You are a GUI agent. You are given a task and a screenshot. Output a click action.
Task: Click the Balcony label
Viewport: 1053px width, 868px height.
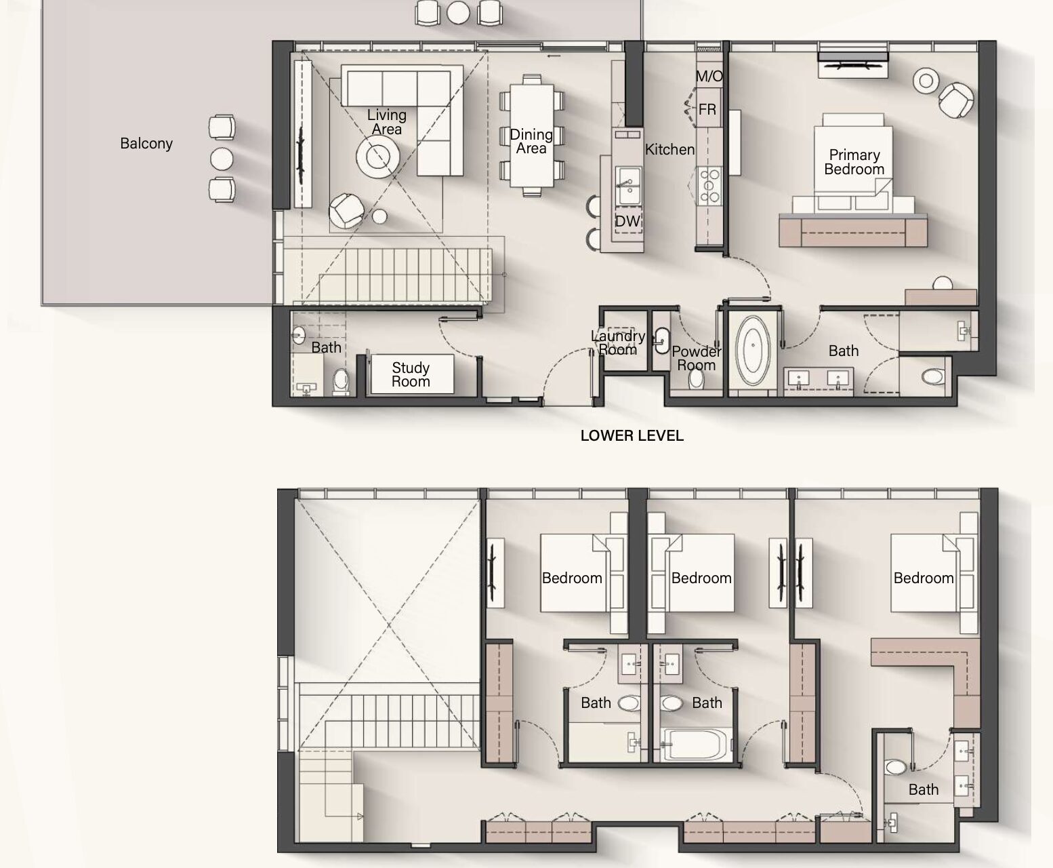(146, 144)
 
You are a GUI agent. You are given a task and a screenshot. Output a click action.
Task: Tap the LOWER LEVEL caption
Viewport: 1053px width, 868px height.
(632, 435)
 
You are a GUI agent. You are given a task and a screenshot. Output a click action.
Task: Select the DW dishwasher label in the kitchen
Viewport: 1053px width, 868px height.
(628, 220)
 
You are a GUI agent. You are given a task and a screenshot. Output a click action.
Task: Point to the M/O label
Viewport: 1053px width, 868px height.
(709, 76)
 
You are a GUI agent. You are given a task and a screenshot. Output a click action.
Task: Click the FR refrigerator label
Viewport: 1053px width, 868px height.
(707, 109)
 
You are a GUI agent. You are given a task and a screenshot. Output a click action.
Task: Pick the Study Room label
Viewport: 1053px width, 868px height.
(411, 374)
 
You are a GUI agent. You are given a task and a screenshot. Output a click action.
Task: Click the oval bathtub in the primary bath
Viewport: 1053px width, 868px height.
(753, 346)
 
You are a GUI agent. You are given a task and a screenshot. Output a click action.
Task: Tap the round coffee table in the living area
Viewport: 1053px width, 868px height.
(377, 157)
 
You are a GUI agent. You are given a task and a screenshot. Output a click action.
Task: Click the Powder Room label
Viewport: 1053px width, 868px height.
(697, 358)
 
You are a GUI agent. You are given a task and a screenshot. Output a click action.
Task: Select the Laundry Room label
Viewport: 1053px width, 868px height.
(618, 342)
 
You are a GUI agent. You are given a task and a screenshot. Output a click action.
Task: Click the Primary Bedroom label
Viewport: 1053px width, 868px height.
(854, 162)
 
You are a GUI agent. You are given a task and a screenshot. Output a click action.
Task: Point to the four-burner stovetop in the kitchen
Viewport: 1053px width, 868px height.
(709, 186)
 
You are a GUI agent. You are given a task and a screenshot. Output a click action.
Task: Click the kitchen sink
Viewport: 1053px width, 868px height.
(628, 186)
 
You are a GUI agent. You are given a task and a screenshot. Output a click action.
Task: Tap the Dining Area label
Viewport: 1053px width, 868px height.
(531, 141)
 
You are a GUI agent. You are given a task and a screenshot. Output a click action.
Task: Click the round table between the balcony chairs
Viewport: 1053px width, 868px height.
(222, 159)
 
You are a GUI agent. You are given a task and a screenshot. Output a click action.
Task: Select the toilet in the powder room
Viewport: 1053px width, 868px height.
(697, 378)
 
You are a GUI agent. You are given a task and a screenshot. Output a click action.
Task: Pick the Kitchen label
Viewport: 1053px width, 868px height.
(669, 149)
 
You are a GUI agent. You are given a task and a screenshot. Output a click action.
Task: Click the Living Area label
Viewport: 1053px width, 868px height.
(387, 122)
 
